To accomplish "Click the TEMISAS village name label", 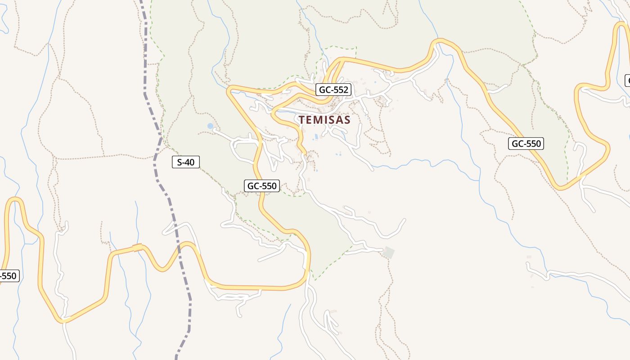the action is coord(324,120).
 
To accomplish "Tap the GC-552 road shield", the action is coord(333,90).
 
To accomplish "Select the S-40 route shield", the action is coord(185,162).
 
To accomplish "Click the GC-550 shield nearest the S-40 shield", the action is coord(262,185).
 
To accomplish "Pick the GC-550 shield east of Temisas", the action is coord(526,144).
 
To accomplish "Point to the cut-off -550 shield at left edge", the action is coord(8,276).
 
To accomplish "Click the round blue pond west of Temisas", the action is coord(210,126).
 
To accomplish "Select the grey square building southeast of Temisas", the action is coord(388,252).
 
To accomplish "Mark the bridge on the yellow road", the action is coord(137,247).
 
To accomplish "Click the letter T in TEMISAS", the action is coord(302,120).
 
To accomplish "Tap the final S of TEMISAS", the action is coord(347,120).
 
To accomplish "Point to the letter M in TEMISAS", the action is coord(319,120).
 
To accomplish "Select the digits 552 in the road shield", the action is coord(340,90).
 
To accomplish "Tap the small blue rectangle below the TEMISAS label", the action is coord(316,136).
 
